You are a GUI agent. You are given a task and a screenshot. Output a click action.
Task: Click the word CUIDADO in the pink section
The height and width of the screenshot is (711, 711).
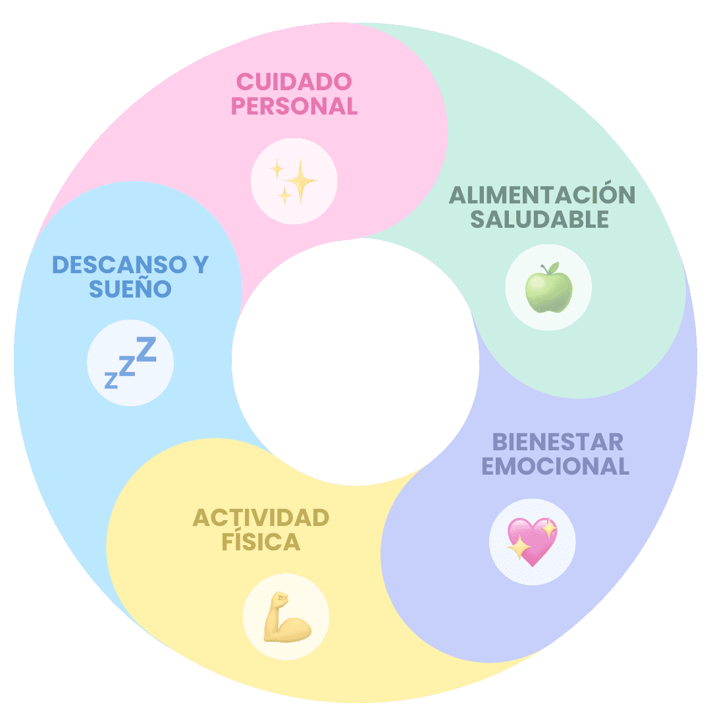294,82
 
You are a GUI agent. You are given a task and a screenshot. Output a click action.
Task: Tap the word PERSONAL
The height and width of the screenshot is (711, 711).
294,106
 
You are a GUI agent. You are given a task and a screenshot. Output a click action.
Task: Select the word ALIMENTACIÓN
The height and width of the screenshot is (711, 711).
542,196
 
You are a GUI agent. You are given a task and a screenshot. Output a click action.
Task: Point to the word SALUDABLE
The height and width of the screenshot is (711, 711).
540,219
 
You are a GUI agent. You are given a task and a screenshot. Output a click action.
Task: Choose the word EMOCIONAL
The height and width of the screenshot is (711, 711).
555,466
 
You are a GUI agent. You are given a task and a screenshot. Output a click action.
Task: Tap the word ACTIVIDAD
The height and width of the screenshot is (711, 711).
261,518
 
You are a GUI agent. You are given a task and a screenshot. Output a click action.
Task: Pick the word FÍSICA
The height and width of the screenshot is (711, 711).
261,542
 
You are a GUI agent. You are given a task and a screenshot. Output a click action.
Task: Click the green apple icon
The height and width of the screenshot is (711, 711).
548,289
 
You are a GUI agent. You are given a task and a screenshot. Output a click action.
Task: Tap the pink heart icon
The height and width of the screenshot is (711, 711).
532,542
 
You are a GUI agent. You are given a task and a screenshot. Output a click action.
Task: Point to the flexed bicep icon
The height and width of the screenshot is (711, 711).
286,617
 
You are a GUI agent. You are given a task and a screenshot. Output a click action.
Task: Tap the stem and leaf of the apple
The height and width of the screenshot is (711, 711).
550,269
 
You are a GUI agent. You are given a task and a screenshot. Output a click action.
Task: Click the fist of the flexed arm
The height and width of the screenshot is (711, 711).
281,599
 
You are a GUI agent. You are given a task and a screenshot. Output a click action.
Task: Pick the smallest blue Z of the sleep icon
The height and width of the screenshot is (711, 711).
111,381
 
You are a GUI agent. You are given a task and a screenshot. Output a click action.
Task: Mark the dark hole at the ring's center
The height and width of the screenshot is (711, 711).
355,362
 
